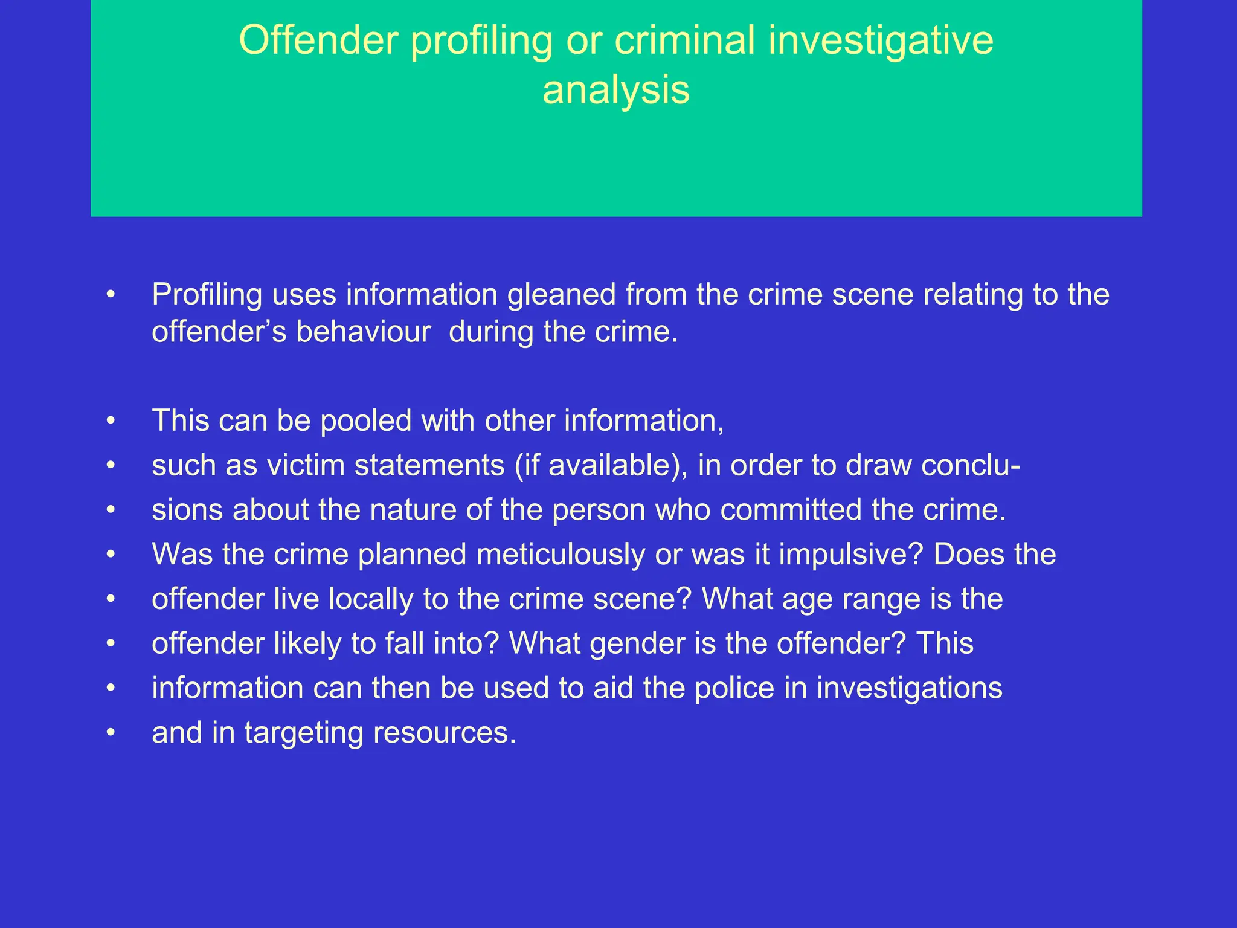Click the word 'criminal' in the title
[x=684, y=40]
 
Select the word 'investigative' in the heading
[x=881, y=40]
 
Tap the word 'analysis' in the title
[x=615, y=90]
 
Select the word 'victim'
[x=306, y=465]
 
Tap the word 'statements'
[x=429, y=465]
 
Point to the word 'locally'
[x=371, y=599]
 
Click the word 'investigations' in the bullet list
[x=909, y=688]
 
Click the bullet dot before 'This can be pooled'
[x=110, y=421]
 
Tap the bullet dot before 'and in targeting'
[x=110, y=733]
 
